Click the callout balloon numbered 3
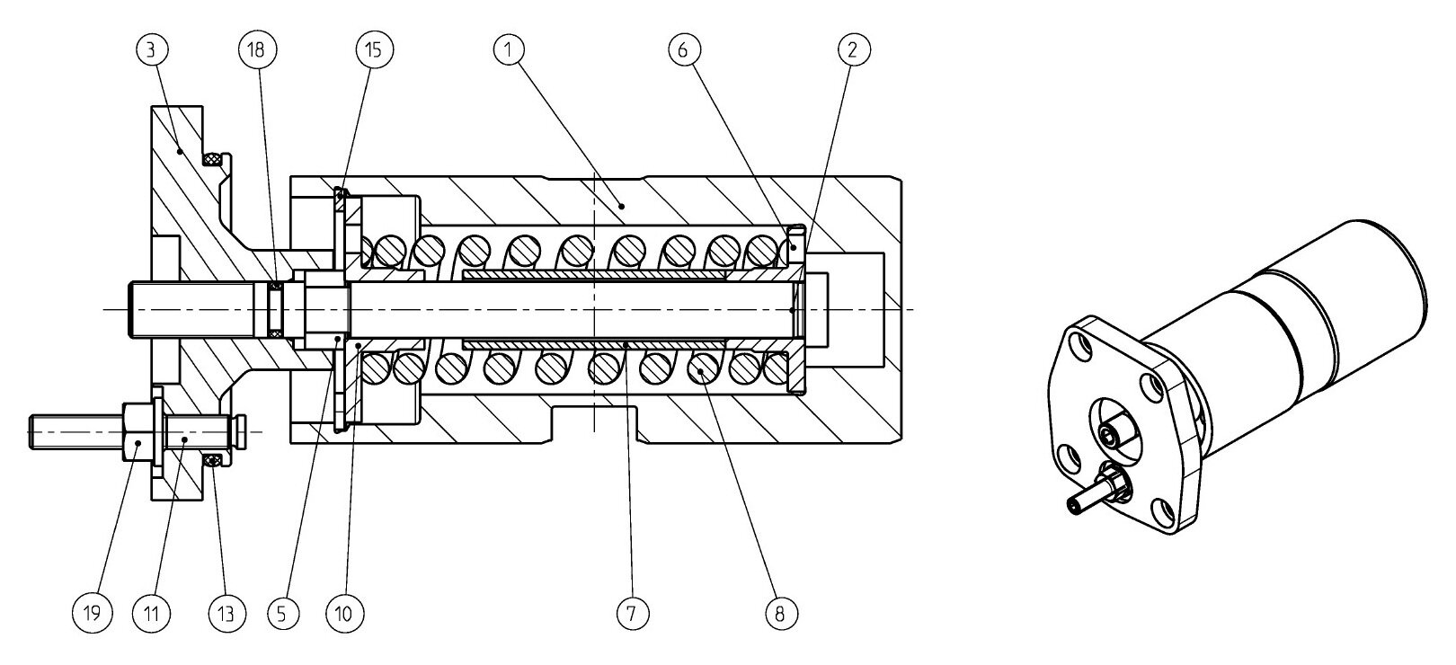(151, 50)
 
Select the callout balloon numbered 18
(256, 50)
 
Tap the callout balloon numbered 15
(374, 50)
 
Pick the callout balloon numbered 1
(509, 50)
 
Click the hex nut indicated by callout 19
(136, 432)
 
